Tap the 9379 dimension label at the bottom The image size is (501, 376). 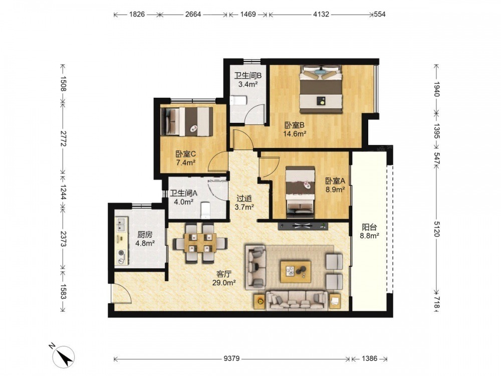point(231,358)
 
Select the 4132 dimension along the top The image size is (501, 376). point(321,14)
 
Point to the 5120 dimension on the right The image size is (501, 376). point(437,228)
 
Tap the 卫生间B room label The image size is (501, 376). point(248,76)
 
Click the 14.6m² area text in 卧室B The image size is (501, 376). point(295,134)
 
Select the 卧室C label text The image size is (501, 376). point(186,154)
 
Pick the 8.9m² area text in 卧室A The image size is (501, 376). point(335,190)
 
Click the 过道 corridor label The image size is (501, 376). point(244,198)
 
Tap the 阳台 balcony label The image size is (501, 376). point(369,227)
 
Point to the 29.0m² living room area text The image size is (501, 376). point(224,282)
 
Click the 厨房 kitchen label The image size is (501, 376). point(145,235)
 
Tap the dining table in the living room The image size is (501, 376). point(200,243)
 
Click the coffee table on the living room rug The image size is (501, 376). point(296,271)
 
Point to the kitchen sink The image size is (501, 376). point(121,225)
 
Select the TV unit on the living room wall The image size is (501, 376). point(303,226)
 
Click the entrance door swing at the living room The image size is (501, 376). point(122,293)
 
